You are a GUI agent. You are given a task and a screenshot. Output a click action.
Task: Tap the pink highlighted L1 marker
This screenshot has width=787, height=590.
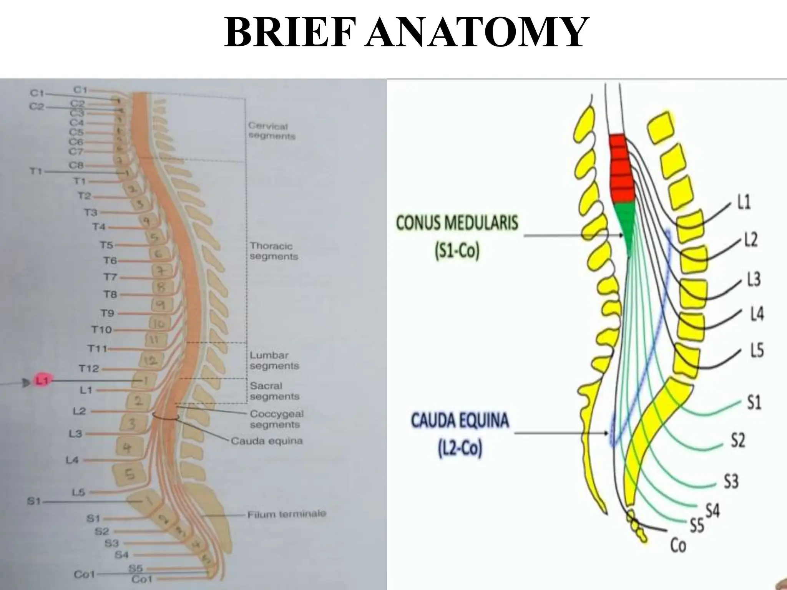(x=41, y=381)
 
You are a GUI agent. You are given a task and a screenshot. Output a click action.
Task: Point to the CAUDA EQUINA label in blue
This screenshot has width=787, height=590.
(x=460, y=421)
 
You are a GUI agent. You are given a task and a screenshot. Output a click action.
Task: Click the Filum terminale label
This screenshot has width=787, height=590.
(x=286, y=514)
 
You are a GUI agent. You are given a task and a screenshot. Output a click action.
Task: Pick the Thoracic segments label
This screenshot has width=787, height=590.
(x=274, y=251)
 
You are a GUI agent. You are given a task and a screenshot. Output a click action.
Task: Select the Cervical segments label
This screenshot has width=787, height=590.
(x=271, y=131)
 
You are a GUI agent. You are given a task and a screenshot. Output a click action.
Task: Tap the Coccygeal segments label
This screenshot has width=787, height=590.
(x=276, y=419)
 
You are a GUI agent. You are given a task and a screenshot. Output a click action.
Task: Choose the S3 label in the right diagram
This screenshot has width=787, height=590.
(x=731, y=481)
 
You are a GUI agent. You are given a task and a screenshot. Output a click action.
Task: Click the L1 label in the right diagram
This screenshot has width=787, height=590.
(x=744, y=202)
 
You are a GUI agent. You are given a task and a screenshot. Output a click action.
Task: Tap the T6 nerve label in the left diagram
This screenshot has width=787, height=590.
(x=110, y=261)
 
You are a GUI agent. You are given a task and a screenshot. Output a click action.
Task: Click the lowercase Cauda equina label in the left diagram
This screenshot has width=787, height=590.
(x=266, y=441)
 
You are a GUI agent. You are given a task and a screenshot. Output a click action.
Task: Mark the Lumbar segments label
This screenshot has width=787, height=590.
(x=274, y=361)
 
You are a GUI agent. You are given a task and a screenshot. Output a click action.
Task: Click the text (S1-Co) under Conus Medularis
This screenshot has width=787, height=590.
(x=457, y=252)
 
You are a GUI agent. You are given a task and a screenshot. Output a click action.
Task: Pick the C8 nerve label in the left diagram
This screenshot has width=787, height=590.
(x=76, y=166)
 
